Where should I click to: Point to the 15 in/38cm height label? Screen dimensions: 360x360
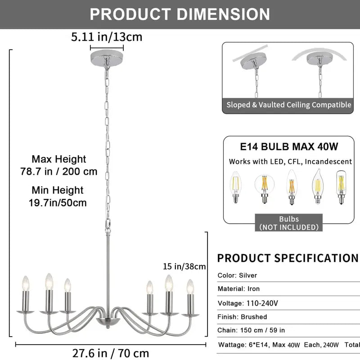coord(184,266)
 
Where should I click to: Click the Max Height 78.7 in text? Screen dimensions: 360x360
coord(58,165)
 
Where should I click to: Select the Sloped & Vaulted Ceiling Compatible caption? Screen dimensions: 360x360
coord(288,105)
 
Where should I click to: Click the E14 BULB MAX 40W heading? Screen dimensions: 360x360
coord(288,147)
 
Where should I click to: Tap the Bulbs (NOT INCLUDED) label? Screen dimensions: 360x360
coord(288,223)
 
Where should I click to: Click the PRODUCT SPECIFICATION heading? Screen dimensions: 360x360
coord(288,258)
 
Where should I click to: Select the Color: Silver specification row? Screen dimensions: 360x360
coord(238,275)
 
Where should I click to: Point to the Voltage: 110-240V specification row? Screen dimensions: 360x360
coord(248,303)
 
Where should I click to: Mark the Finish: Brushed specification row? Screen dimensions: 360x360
coord(242,317)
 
